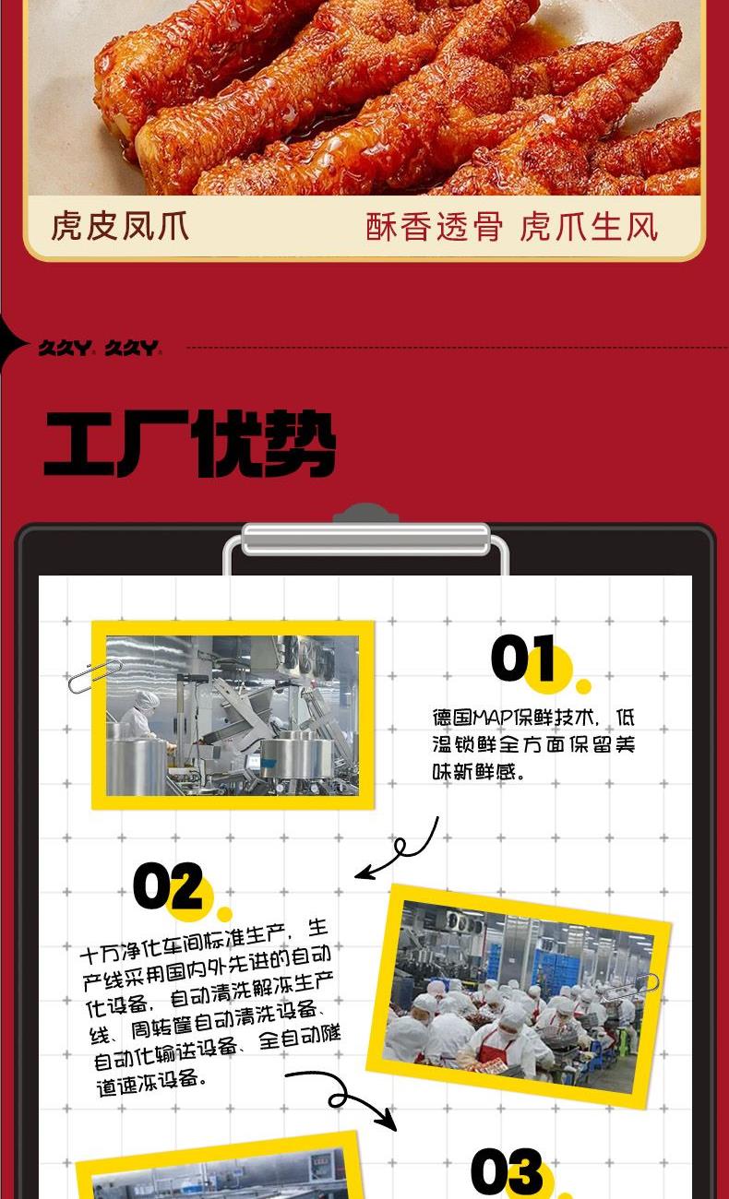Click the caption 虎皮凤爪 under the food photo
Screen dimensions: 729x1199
(x=120, y=225)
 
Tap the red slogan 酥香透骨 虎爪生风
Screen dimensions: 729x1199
(x=511, y=226)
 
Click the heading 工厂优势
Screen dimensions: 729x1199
(x=189, y=444)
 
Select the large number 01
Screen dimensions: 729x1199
(x=523, y=658)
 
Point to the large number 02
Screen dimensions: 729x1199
(x=168, y=884)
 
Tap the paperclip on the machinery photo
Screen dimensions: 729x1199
(x=95, y=676)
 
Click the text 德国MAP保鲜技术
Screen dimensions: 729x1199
(x=514, y=718)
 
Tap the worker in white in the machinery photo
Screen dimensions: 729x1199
(x=138, y=714)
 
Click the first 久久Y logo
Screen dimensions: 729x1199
(x=65, y=348)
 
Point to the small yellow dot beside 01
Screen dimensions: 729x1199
(x=583, y=686)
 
